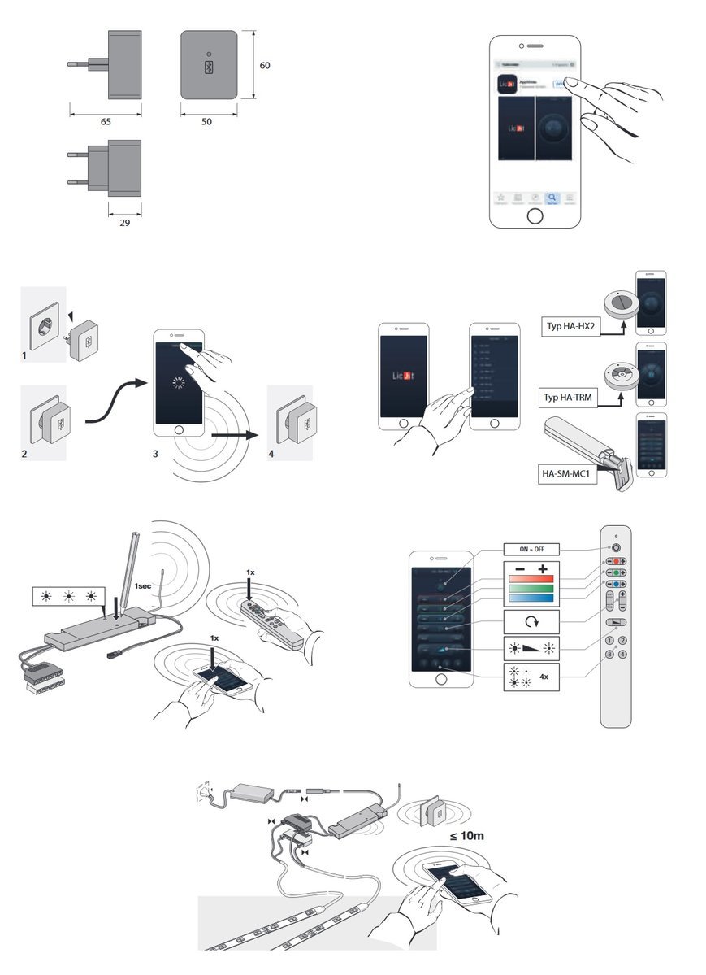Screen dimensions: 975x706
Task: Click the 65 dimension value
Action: coord(106,121)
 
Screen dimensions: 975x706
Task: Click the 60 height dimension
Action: coord(265,66)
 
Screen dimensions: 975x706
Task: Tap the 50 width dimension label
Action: coord(206,121)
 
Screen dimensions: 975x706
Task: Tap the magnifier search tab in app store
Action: coord(551,198)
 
